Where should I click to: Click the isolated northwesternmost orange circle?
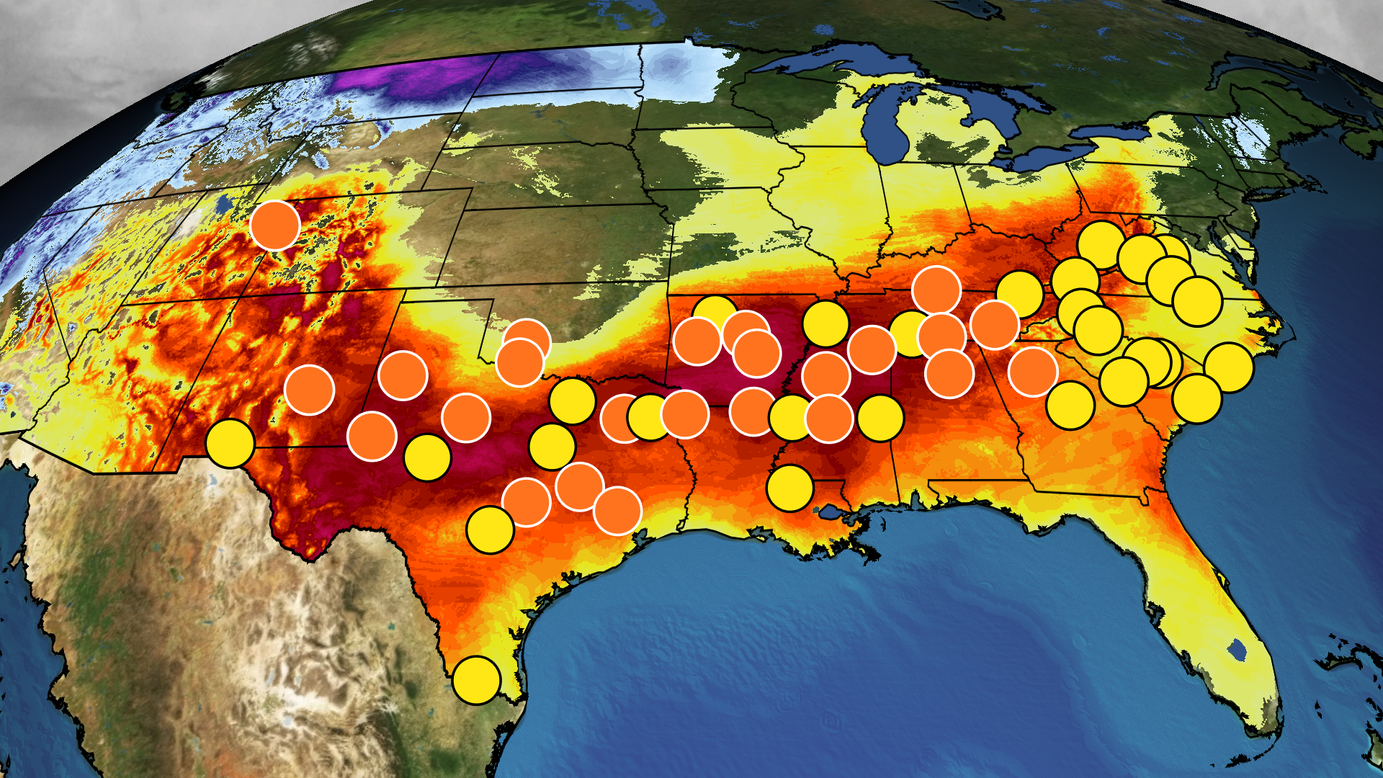click(x=275, y=225)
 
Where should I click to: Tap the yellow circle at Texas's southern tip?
click(x=477, y=680)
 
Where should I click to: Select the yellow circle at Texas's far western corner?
click(x=230, y=443)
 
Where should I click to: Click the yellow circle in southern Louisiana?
click(x=790, y=488)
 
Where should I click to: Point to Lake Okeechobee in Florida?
click(x=1237, y=650)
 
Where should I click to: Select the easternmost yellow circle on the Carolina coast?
click(x=1229, y=367)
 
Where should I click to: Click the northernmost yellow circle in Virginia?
click(x=1101, y=245)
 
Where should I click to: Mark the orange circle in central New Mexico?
click(x=309, y=389)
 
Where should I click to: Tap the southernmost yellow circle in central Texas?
click(x=490, y=529)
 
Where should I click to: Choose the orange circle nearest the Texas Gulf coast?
click(x=617, y=511)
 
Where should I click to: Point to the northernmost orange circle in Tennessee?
click(x=936, y=290)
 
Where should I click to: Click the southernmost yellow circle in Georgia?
click(x=1070, y=406)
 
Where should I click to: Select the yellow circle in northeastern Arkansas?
click(x=825, y=323)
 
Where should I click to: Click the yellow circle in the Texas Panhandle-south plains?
click(x=428, y=457)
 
